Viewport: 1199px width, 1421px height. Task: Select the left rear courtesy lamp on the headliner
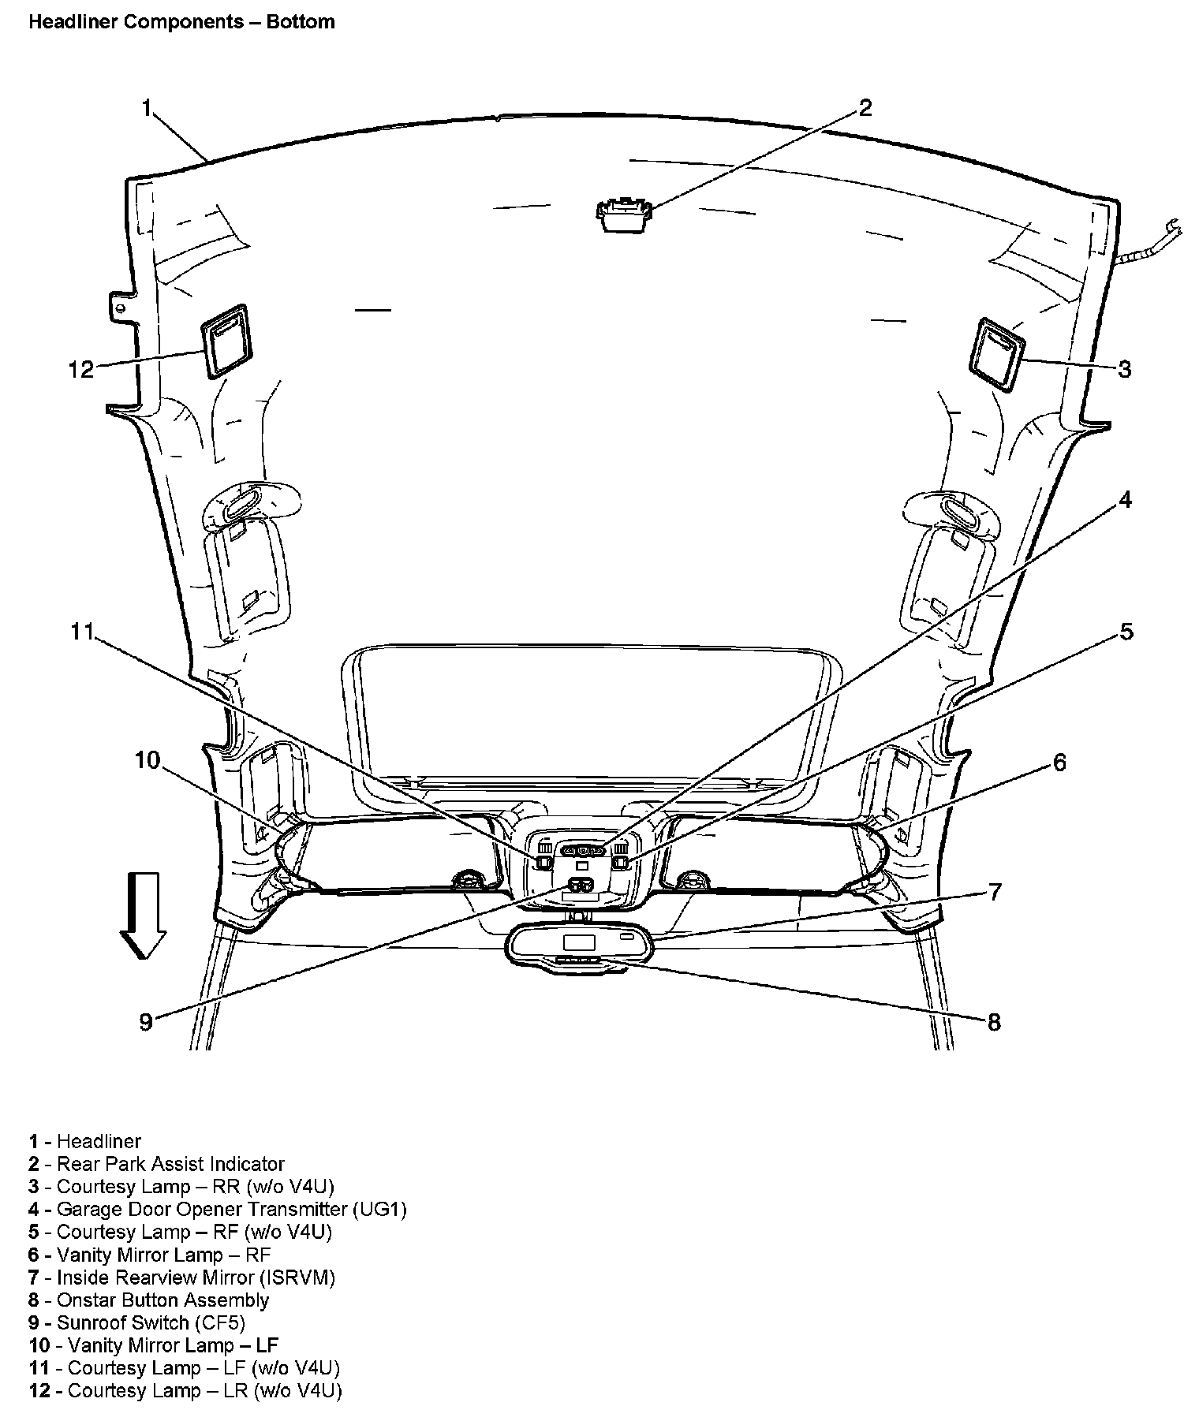click(x=226, y=338)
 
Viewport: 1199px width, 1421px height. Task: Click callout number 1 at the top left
click(x=146, y=108)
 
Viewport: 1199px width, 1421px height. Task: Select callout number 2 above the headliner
click(x=865, y=108)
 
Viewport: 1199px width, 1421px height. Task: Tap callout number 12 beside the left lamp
click(x=80, y=368)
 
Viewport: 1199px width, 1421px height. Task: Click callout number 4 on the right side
click(x=1126, y=499)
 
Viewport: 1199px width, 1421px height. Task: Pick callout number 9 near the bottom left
click(x=145, y=1022)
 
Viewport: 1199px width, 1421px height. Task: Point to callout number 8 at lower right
click(x=993, y=1022)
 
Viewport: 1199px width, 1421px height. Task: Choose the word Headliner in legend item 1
click(x=99, y=1141)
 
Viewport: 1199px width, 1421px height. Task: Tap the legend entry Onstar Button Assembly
click(x=162, y=1300)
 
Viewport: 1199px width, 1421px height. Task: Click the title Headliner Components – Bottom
click(x=181, y=21)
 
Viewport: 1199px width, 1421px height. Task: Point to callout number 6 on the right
click(x=1059, y=763)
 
